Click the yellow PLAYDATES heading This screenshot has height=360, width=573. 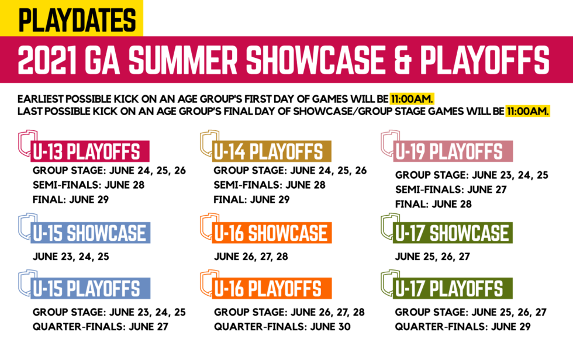click(x=77, y=20)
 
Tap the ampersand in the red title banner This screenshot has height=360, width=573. click(x=402, y=60)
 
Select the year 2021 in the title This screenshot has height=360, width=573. click(x=48, y=60)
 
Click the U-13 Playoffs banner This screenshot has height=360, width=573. click(x=90, y=151)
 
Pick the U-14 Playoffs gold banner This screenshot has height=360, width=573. click(x=271, y=151)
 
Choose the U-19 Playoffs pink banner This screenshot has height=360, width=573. click(x=453, y=151)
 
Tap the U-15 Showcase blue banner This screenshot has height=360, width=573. click(x=90, y=233)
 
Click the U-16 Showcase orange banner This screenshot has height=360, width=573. click(x=272, y=233)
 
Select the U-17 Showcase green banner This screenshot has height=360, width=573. click(x=453, y=233)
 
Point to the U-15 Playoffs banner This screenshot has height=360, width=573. click(x=90, y=289)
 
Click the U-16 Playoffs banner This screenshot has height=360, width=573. click(x=272, y=289)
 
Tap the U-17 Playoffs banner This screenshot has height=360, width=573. click(x=453, y=289)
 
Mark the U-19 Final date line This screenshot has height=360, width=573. click(x=433, y=204)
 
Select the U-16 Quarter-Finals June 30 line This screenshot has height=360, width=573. click(x=282, y=327)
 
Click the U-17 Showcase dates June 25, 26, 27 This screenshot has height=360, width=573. click(x=432, y=257)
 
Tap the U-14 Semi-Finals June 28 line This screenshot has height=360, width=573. click(x=270, y=185)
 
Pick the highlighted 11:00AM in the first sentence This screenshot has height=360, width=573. click(x=412, y=99)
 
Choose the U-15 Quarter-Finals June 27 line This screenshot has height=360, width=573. click(x=101, y=327)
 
